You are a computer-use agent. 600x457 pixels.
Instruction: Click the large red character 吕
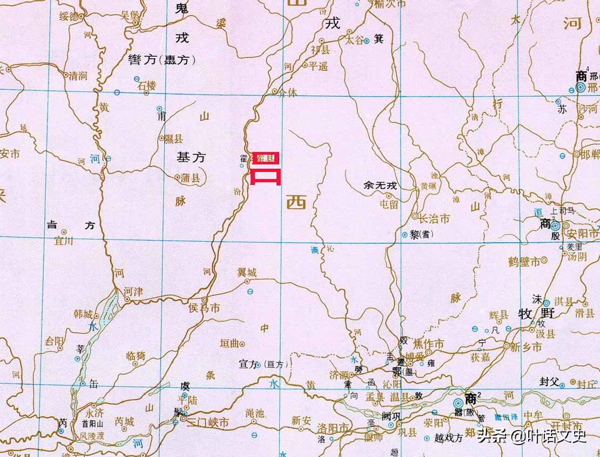pos(265,168)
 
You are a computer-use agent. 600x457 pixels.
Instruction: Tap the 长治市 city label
pos(434,218)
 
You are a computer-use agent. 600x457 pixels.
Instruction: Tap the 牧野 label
pos(532,314)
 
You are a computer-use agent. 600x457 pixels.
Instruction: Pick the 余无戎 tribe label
pos(380,186)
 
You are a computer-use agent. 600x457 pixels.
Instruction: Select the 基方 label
pos(191,157)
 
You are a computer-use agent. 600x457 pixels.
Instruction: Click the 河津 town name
pos(133,292)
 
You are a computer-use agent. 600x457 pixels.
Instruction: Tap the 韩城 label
pos(86,314)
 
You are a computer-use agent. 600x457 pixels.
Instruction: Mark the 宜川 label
pos(64,241)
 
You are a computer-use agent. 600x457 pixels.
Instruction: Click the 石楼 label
pos(147,85)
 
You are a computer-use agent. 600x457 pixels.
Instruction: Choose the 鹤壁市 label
pos(524,262)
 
